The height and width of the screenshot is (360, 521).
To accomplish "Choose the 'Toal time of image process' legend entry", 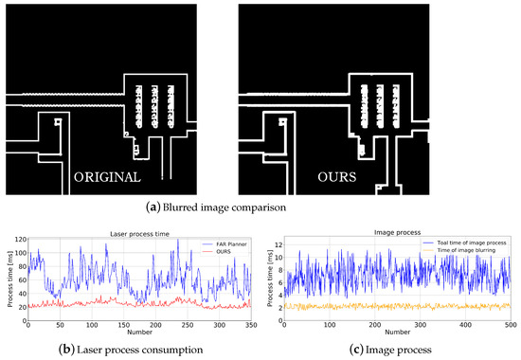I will (455, 244).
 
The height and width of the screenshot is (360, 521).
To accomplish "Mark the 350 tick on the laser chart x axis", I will (249, 325).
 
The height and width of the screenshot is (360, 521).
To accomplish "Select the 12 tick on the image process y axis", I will (279, 243).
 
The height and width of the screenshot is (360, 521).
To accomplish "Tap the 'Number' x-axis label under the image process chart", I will (396, 333).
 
